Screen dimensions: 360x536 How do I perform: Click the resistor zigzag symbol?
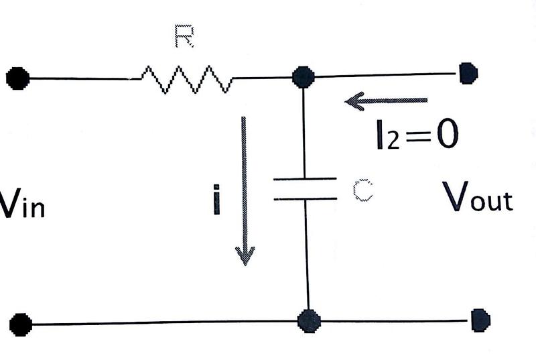click(186, 78)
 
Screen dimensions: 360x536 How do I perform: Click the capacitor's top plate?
click(305, 180)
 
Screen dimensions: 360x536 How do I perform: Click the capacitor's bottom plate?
click(305, 198)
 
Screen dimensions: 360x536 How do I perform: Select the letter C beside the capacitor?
click(362, 191)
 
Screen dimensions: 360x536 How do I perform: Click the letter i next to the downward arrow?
click(216, 200)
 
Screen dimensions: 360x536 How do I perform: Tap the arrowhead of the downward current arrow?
click(245, 255)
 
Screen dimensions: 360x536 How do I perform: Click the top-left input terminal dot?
click(17, 78)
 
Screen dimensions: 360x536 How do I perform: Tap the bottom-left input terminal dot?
click(21, 324)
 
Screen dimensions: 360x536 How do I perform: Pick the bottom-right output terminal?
click(480, 320)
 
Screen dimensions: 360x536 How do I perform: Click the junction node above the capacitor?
click(304, 76)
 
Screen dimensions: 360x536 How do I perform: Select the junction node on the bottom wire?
click(308, 320)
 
